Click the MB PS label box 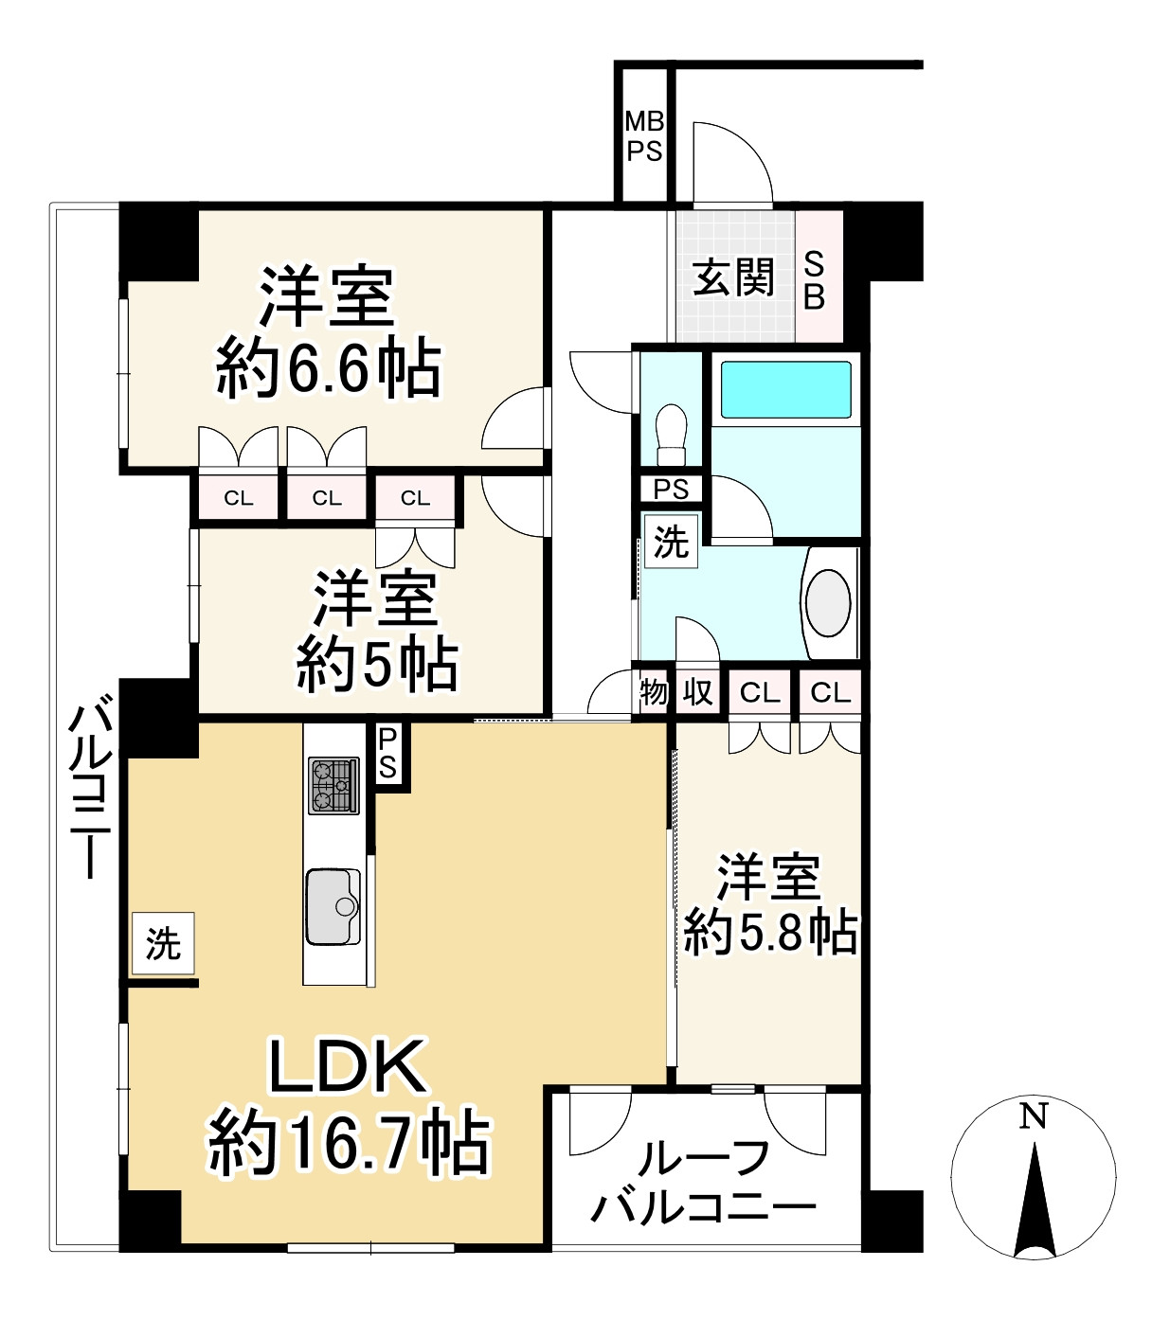pos(644,136)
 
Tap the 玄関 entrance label pos(733,277)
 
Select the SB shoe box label pos(815,279)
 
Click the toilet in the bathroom pos(672,432)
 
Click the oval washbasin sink pos(829,603)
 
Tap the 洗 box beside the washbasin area pos(671,542)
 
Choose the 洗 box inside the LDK pos(163,943)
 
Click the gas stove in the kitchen pos(333,785)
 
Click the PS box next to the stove pos(388,754)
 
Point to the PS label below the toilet pos(672,490)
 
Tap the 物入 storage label pos(676,692)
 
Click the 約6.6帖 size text pos(329,369)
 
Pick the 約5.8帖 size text pos(770,933)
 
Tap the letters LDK pos(347,1067)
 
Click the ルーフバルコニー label pos(704,1183)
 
